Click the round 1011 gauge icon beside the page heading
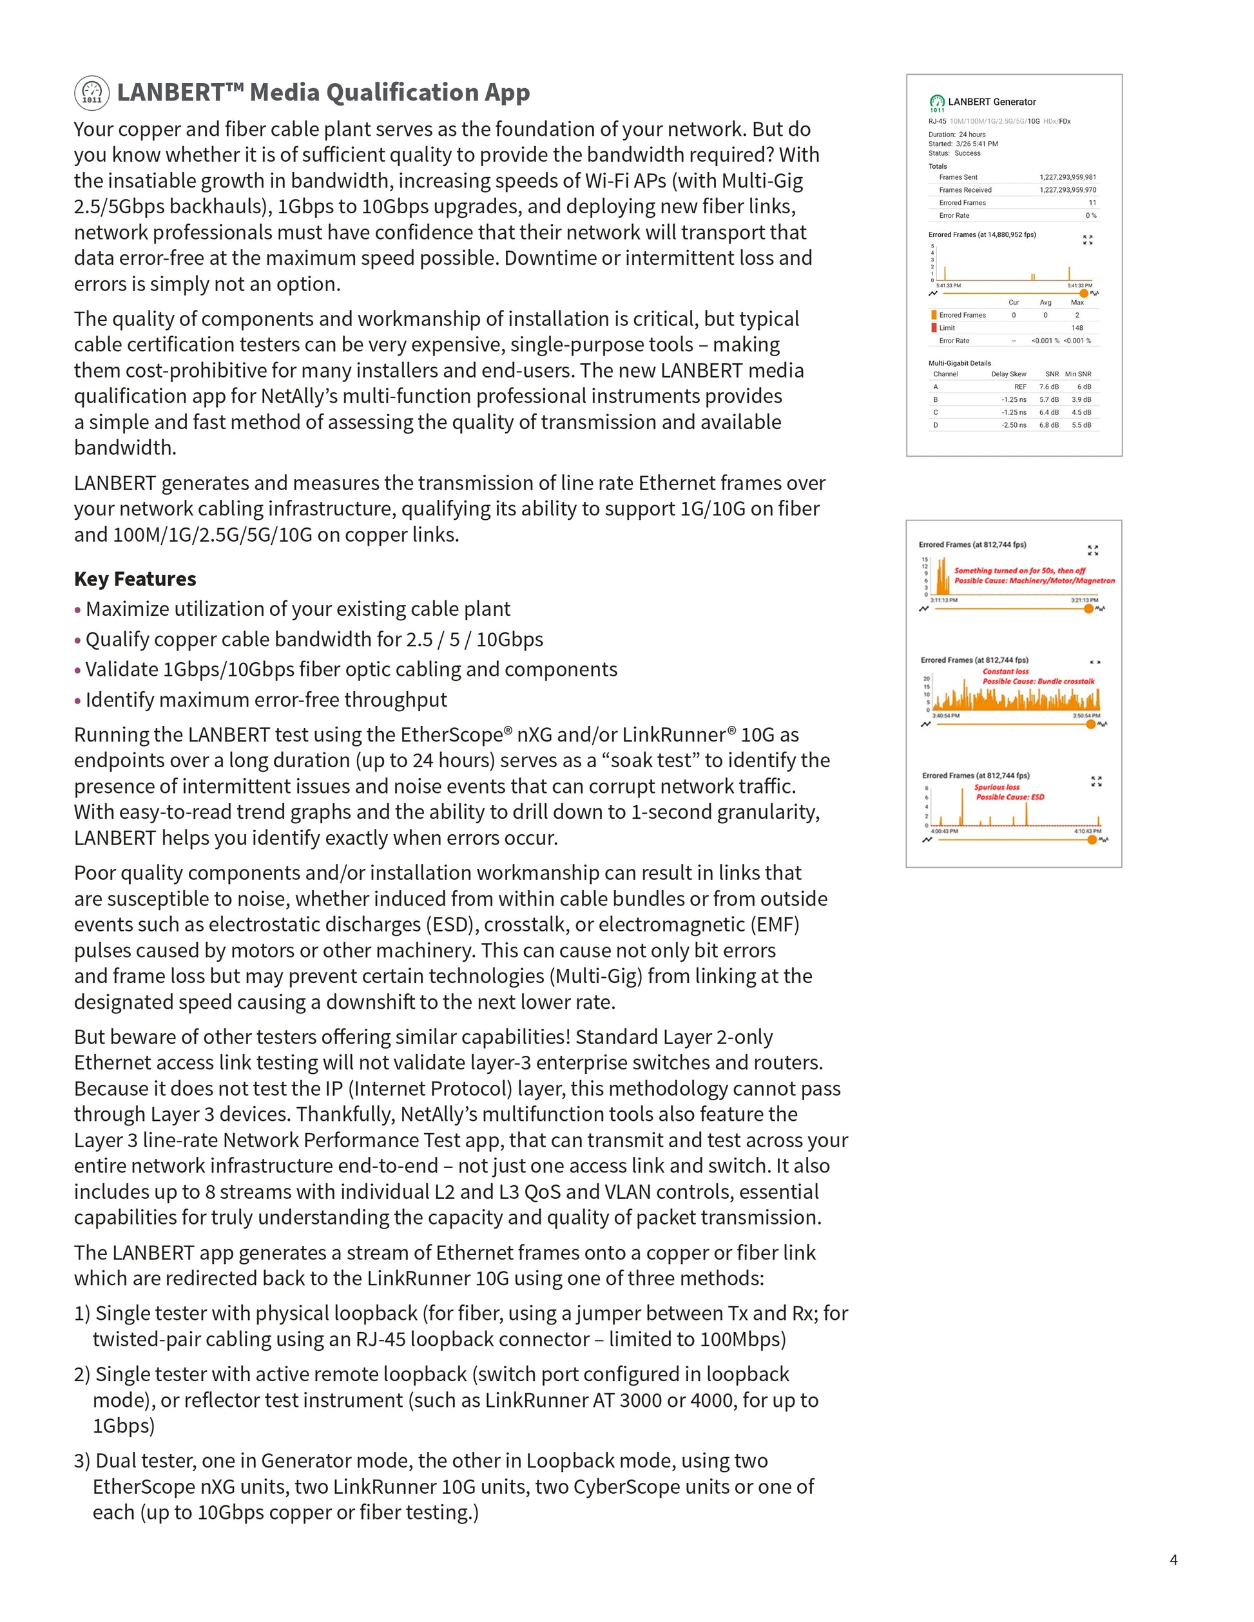[x=92, y=93]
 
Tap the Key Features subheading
[x=135, y=578]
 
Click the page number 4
[x=1173, y=1560]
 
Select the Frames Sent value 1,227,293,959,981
[x=1068, y=178]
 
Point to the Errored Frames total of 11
[x=1092, y=203]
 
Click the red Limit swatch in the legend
[x=934, y=327]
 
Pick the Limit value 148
[x=1077, y=327]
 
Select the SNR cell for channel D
[x=1049, y=425]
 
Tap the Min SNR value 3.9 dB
[x=1081, y=399]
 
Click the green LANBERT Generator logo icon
[x=938, y=102]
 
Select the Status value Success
[x=967, y=153]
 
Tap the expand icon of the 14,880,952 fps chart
[x=1088, y=240]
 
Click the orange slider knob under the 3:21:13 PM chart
[x=1088, y=609]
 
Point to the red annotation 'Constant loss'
[x=1006, y=671]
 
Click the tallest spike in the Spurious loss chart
[x=962, y=806]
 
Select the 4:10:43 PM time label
[x=1088, y=831]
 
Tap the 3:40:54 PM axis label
[x=946, y=716]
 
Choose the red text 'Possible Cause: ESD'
[x=1010, y=797]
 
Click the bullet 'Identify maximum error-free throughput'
[x=266, y=700]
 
